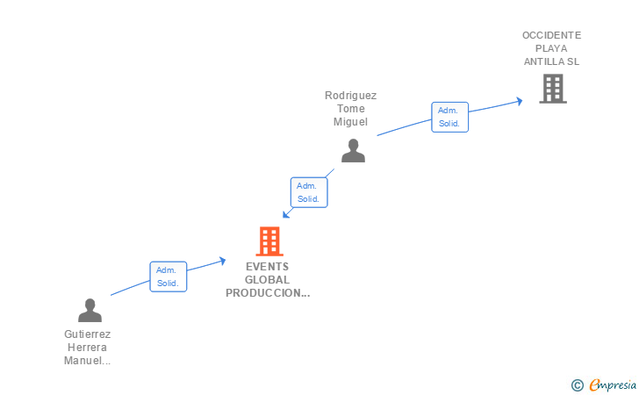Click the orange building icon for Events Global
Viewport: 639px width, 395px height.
(x=269, y=241)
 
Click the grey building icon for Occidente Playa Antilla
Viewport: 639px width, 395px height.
(x=552, y=89)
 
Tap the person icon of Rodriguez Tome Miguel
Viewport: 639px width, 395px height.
(x=353, y=151)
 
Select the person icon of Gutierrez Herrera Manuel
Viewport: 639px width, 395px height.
(x=90, y=310)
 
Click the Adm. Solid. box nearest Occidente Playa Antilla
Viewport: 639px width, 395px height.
(x=449, y=117)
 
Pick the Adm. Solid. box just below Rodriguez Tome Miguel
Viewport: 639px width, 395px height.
(x=309, y=192)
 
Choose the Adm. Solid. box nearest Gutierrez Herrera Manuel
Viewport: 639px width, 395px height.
(x=168, y=276)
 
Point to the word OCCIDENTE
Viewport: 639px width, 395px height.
(x=551, y=35)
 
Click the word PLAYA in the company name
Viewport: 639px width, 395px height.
(x=551, y=48)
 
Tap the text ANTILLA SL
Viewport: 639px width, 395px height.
(x=551, y=61)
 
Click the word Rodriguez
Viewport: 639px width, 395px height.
(x=350, y=95)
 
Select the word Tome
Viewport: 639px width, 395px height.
(x=350, y=109)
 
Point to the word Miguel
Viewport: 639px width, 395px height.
(x=350, y=122)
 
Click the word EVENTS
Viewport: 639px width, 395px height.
(x=267, y=267)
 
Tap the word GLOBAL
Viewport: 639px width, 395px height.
(x=267, y=280)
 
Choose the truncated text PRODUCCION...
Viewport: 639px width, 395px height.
(x=267, y=293)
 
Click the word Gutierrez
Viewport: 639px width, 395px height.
(x=88, y=334)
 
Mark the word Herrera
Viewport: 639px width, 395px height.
(x=88, y=348)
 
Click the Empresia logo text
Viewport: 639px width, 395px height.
(x=613, y=384)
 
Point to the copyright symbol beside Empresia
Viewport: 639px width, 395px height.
(x=577, y=384)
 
